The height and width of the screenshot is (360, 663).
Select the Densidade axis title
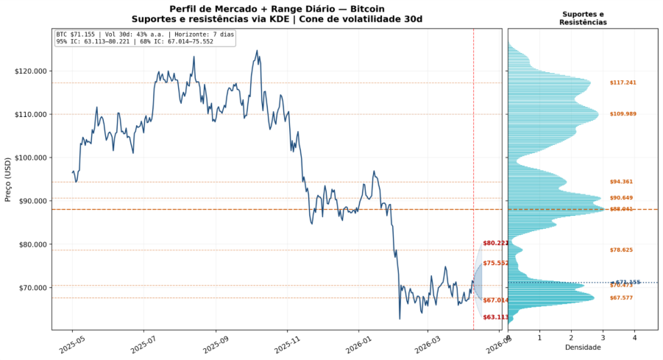583,347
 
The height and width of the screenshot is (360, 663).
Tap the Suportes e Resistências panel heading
583,18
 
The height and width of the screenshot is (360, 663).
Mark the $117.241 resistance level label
623,82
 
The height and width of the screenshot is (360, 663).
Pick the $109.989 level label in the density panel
623,114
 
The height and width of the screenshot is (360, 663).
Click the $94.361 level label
621,182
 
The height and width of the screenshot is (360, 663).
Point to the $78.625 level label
621,250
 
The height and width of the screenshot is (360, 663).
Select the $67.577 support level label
621,298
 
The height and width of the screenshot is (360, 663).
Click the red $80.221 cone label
495,244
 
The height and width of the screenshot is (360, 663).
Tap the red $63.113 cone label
495,317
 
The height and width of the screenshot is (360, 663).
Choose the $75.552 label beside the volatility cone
495,264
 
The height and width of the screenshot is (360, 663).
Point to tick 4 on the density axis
634,338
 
